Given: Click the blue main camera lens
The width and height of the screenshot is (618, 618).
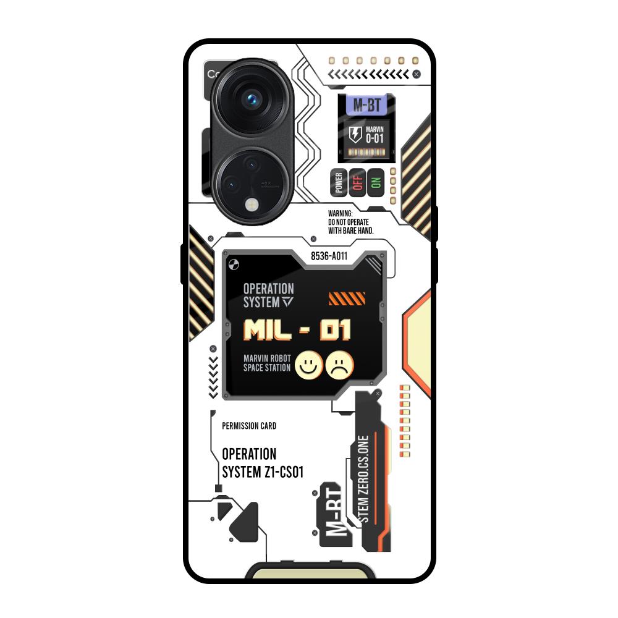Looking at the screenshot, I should [x=252, y=98].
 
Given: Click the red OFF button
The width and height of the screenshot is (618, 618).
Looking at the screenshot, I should [x=357, y=182].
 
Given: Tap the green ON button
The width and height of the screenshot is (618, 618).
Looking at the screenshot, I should [x=375, y=182].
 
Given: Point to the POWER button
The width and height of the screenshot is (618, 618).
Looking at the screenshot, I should [x=339, y=182].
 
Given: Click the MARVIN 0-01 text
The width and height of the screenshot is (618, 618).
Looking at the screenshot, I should [x=375, y=134].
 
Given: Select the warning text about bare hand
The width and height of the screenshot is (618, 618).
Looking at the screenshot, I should [x=350, y=221].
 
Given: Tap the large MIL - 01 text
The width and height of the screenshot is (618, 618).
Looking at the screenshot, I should [x=297, y=330].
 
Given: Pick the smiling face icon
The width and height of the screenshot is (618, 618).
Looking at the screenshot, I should [x=307, y=364].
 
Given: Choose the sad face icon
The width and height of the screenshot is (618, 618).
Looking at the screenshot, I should [x=341, y=364].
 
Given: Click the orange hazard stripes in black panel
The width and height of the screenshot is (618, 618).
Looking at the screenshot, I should [x=343, y=300].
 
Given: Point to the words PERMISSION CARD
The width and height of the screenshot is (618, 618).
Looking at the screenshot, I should [x=249, y=426].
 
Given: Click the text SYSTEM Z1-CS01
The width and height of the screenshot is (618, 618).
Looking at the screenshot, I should [x=263, y=473].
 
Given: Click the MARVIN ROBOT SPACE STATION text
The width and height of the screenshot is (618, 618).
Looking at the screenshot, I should [x=267, y=363].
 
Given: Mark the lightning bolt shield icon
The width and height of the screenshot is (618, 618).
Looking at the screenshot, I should [x=355, y=135].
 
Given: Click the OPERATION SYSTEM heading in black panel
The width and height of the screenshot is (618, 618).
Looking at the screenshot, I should [x=268, y=295].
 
